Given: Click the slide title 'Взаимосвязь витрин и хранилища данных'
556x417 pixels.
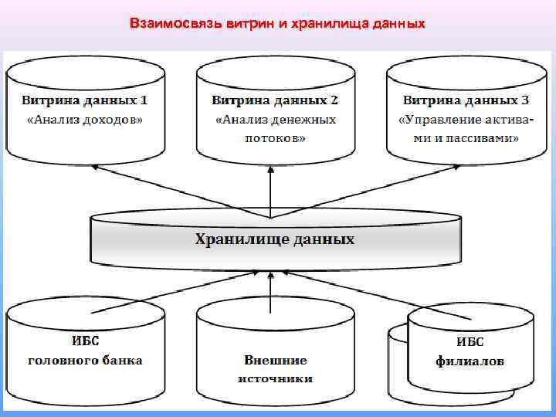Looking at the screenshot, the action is pos(277,24).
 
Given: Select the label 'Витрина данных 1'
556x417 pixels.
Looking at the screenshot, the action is pos(84,100).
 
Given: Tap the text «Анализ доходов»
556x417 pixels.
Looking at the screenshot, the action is pos(85,120).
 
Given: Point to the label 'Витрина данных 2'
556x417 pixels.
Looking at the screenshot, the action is pos(275,100).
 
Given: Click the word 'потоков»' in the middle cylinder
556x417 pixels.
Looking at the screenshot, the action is pos(275,138).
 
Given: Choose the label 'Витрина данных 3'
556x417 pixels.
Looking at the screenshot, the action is pos(466,100).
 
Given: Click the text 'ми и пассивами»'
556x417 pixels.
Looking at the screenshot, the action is pos(466,138).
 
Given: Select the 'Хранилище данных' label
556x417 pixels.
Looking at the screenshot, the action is pos(274,239).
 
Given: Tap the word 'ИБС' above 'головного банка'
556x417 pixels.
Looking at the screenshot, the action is pos(85,341).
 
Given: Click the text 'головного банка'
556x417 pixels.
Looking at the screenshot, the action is pos(85,360).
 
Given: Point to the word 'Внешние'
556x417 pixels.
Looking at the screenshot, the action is pos(275,360).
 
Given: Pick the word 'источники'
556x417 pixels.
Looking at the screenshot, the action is pos(275,378).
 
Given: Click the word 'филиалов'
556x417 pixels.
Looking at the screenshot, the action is pos(470,361).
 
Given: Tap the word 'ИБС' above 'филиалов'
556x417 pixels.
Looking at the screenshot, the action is pos(470,341).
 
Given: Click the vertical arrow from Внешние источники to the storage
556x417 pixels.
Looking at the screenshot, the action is pos(270,290).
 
